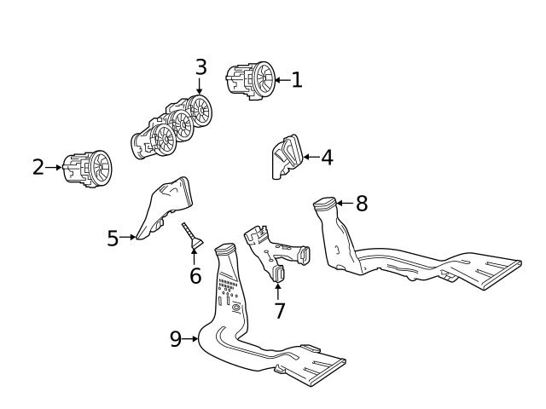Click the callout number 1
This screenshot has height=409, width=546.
tap(296, 81)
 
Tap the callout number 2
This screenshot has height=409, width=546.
tap(38, 167)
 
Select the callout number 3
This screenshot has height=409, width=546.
tap(200, 66)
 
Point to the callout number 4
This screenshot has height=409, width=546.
tap(327, 158)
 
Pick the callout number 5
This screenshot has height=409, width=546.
tap(113, 238)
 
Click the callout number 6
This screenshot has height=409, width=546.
tap(195, 275)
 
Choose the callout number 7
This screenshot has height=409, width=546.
tap(279, 309)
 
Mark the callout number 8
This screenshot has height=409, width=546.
tap(362, 203)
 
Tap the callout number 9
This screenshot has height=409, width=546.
tap(176, 339)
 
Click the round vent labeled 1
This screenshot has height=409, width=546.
tap(253, 81)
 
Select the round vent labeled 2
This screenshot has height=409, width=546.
tap(90, 168)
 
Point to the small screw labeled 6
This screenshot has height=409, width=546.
tap(191, 236)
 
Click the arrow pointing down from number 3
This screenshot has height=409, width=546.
tap(200, 85)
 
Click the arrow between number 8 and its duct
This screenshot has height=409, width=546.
tap(343, 203)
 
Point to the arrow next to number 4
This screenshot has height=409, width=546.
tap(310, 158)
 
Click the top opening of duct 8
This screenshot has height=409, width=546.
tap(324, 203)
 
